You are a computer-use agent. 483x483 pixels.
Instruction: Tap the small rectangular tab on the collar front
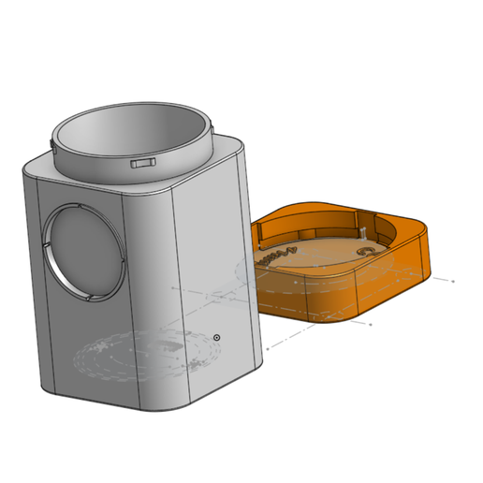143,163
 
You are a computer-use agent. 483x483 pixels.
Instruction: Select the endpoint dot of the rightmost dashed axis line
454,280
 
